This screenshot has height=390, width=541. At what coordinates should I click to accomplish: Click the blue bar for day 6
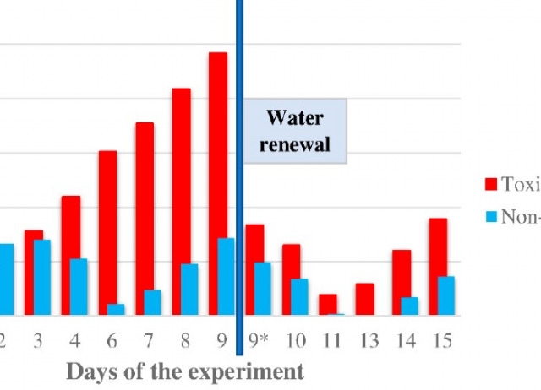(x=116, y=310)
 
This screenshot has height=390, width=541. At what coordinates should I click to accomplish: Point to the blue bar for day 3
(x=42, y=277)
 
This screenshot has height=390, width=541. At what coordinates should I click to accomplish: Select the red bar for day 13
(x=364, y=300)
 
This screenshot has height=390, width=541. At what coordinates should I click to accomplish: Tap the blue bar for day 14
(x=409, y=306)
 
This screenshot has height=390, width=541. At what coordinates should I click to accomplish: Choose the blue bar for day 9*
(x=263, y=289)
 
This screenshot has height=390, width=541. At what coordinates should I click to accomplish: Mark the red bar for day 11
(x=328, y=305)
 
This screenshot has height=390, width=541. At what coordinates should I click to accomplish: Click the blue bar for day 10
(x=299, y=297)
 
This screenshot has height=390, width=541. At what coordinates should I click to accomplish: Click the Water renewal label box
(x=295, y=131)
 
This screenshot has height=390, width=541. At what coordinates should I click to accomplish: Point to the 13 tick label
(x=369, y=341)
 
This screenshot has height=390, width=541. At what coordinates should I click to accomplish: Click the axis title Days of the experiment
(x=184, y=371)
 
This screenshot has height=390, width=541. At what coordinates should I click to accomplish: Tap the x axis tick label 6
(x=112, y=341)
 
